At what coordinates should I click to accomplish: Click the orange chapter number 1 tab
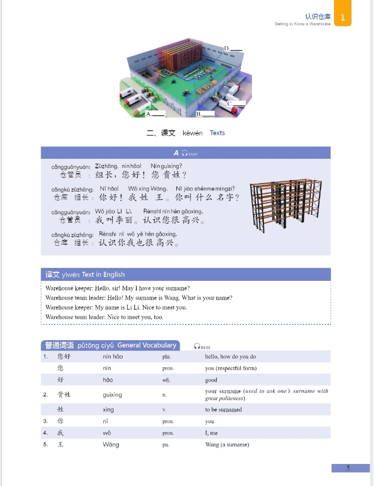coord(343,17)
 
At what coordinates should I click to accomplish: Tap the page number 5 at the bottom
coord(348,468)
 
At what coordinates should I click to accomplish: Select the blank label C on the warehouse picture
coord(237,104)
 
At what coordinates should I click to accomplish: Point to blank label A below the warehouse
coord(155,114)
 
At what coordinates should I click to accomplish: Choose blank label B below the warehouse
coord(205,114)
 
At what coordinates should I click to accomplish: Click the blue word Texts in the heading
coord(218,133)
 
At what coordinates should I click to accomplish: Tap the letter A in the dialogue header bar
coord(176,153)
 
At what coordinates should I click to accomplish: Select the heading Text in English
coord(103,275)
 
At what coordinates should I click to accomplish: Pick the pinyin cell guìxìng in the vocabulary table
coord(112,394)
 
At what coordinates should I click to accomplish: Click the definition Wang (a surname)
coord(227,445)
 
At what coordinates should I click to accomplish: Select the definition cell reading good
coord(211,380)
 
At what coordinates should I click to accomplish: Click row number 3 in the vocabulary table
coord(45,421)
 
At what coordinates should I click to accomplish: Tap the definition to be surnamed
coord(223,410)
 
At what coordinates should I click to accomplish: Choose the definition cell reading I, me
coord(212,433)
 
